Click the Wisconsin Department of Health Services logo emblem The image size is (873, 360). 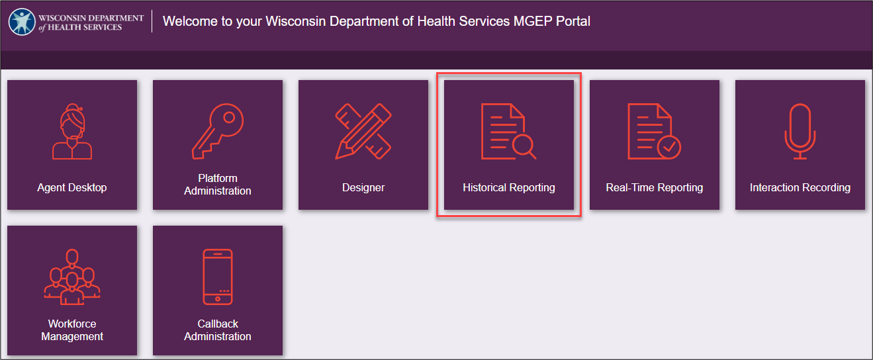click(x=22, y=22)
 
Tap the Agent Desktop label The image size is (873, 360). click(x=72, y=187)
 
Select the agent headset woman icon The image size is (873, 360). click(x=72, y=131)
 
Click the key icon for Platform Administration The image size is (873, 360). click(x=218, y=131)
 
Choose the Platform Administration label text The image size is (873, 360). click(x=218, y=184)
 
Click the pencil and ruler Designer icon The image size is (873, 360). click(x=363, y=131)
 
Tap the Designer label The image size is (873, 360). click(x=363, y=187)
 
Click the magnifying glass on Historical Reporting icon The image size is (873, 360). click(x=524, y=146)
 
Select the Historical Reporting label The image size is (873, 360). click(x=508, y=187)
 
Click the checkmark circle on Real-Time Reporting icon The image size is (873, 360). click(x=669, y=147)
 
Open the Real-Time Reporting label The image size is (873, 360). click(x=655, y=187)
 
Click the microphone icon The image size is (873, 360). click(x=800, y=131)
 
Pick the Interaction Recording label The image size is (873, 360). click(x=800, y=187)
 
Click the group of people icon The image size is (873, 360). click(x=72, y=277)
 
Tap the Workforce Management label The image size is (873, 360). click(x=72, y=330)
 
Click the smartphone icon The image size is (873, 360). click(x=218, y=277)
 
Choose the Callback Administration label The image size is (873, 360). click(x=218, y=330)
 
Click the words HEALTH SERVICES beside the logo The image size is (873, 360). click(x=85, y=27)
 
